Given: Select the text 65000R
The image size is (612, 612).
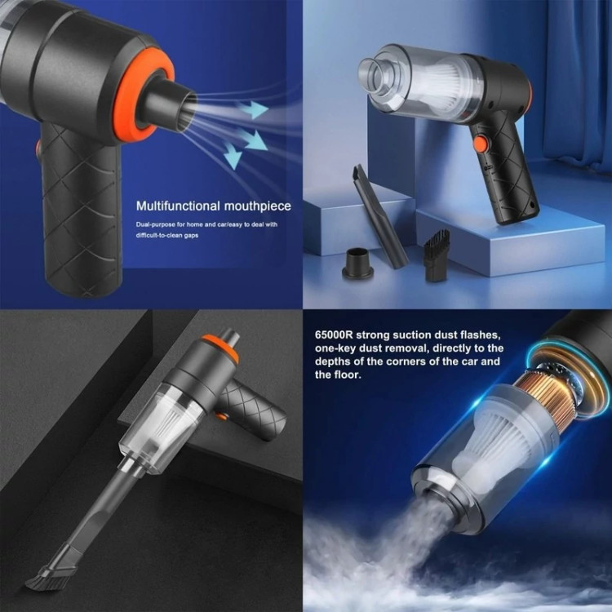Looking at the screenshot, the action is pyautogui.click(x=334, y=335).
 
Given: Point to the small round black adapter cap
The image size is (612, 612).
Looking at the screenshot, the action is pyautogui.click(x=357, y=263).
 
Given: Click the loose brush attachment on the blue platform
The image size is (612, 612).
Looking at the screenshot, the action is pyautogui.click(x=437, y=255).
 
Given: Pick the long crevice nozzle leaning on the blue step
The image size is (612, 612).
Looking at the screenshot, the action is pyautogui.click(x=380, y=216).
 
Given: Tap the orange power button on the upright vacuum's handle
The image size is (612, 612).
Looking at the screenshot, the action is pyautogui.click(x=481, y=144).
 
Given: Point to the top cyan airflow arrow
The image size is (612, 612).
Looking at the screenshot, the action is pyautogui.click(x=253, y=109).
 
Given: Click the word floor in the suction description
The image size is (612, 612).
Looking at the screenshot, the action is pyautogui.click(x=345, y=375).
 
